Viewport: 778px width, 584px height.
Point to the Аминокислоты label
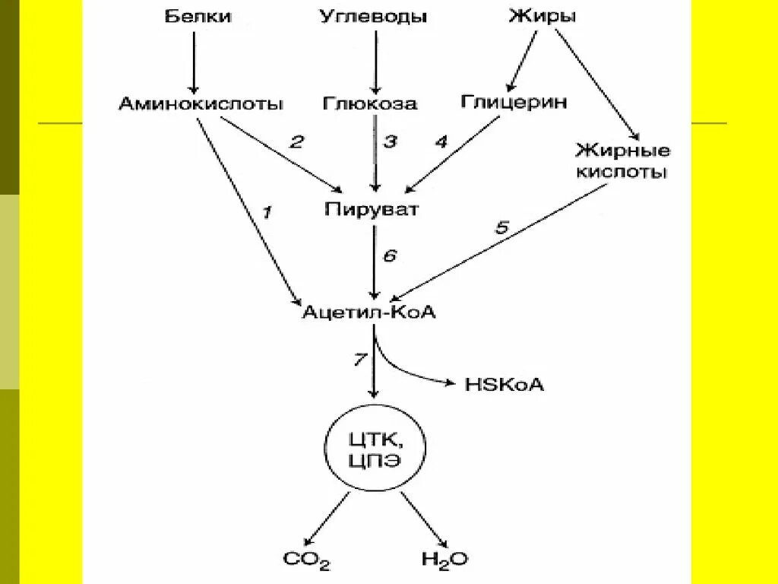(201, 103)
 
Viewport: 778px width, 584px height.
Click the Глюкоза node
(370, 103)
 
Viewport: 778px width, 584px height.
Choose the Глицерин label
(514, 102)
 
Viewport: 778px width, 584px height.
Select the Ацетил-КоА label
(369, 312)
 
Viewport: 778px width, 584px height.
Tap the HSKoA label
(504, 385)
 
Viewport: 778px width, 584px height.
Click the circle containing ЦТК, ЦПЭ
(372, 450)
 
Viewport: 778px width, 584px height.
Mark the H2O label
(444, 560)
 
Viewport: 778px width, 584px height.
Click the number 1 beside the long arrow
(266, 213)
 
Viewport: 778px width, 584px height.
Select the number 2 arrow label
(296, 141)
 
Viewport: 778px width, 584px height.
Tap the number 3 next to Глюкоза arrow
(390, 141)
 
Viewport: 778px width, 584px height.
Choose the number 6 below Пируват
(390, 255)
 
